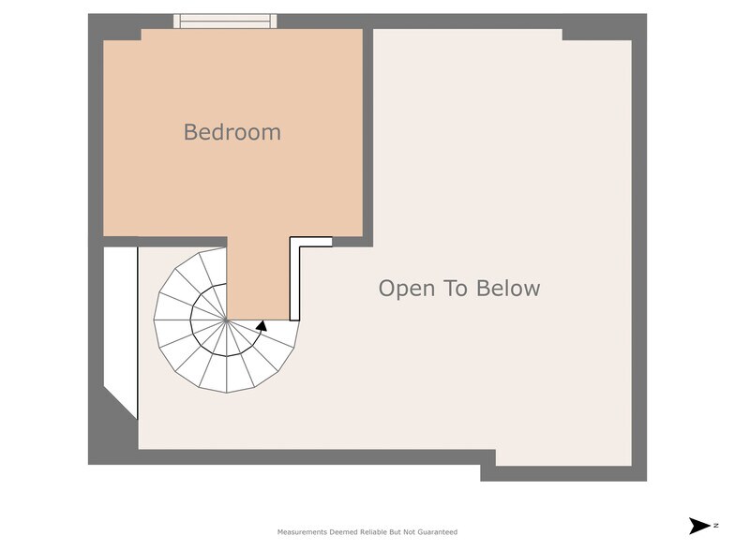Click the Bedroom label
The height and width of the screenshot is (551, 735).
(232, 132)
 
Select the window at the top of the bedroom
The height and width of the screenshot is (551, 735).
(225, 21)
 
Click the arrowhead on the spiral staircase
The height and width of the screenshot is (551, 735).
(262, 326)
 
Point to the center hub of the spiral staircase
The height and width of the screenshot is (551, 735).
(227, 320)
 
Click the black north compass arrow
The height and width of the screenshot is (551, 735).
(699, 526)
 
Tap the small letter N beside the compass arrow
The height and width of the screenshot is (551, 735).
(716, 526)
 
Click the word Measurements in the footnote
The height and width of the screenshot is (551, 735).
(302, 532)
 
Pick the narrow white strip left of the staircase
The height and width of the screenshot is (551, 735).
(120, 323)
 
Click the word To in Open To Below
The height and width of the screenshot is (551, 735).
(457, 288)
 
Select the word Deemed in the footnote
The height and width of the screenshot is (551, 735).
(343, 532)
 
